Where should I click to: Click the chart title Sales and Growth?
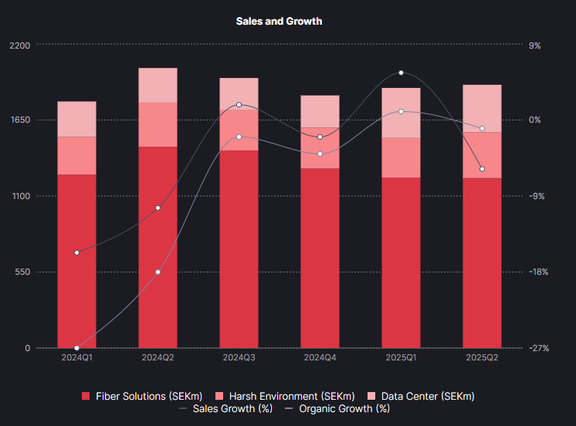pyautogui.click(x=279, y=22)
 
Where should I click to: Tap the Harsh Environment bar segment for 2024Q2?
pyautogui.click(x=158, y=124)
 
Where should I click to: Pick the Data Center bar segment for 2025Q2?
pyautogui.click(x=482, y=109)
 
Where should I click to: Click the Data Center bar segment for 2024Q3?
pyautogui.click(x=239, y=93)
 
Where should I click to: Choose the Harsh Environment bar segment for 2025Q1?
pyautogui.click(x=401, y=157)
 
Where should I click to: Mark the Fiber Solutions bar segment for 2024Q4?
pyautogui.click(x=320, y=258)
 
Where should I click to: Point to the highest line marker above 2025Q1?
pyautogui.click(x=401, y=73)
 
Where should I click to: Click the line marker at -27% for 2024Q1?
pyautogui.click(x=76, y=348)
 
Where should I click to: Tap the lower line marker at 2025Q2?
pyautogui.click(x=482, y=169)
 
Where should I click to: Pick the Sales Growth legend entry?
pyautogui.click(x=225, y=408)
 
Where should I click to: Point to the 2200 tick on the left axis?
pyautogui.click(x=19, y=46)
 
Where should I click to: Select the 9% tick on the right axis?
pyautogui.click(x=534, y=46)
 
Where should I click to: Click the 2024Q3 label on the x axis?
pyautogui.click(x=239, y=358)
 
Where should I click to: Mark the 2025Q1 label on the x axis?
pyautogui.click(x=401, y=358)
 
